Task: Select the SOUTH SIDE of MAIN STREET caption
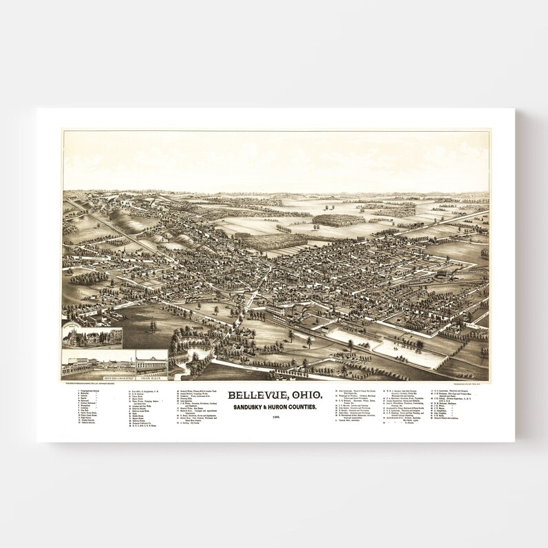click(x=99, y=377)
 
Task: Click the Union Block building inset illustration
click(x=151, y=362)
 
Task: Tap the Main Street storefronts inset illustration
click(x=99, y=363)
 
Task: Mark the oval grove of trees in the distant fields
click(x=339, y=219)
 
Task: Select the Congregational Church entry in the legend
click(x=94, y=391)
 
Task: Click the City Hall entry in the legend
click(x=86, y=411)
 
